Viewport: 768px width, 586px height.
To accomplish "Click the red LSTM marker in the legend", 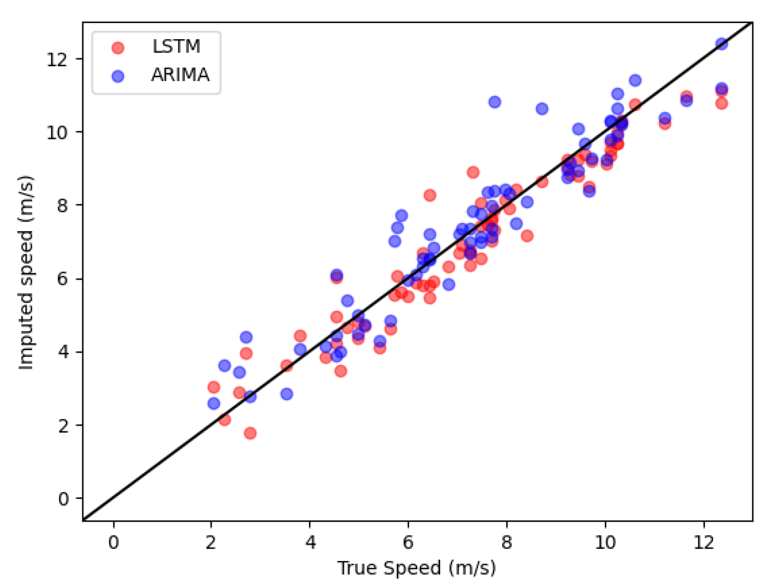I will (118, 47).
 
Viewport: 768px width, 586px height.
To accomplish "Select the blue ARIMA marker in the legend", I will (118, 76).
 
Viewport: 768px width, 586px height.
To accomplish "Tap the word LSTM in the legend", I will (176, 46).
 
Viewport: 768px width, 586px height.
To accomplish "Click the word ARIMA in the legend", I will (180, 75).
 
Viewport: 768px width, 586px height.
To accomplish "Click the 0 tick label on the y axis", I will (63, 499).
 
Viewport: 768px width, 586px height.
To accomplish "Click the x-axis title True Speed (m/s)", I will (416, 568).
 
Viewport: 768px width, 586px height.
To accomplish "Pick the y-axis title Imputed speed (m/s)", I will (26, 272).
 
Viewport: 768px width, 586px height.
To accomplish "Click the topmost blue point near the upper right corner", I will (722, 44).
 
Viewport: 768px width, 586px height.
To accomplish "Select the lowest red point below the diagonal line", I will (250, 433).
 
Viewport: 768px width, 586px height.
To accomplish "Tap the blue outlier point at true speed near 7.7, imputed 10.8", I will (495, 102).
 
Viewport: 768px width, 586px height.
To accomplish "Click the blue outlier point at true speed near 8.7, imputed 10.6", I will (542, 109).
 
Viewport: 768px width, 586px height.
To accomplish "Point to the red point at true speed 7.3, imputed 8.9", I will (473, 172).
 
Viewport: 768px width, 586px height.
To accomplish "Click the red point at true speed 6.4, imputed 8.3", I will (430, 195).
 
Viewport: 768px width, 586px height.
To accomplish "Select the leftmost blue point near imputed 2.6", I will (214, 404).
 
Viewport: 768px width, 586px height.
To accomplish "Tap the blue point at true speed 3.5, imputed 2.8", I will (286, 394).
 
